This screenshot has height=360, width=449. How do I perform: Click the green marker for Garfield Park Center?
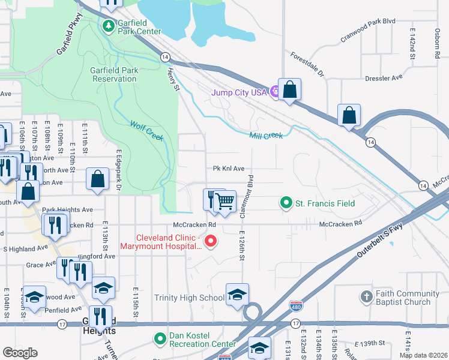coord(108,26)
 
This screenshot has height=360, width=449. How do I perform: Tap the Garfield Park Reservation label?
coord(114,74)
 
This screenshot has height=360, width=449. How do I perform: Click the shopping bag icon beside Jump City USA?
coord(289,90)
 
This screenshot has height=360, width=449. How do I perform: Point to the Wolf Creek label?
coord(147,130)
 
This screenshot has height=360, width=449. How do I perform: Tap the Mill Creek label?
coord(265,136)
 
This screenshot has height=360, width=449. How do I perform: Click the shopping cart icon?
coord(224,202)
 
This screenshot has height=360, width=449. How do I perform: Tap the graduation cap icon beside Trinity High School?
coord(237,295)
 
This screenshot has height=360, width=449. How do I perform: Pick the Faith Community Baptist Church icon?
coord(366,298)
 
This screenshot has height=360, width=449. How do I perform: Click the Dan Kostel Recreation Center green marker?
coord(160,340)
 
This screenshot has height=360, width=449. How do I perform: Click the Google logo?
coord(20,353)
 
